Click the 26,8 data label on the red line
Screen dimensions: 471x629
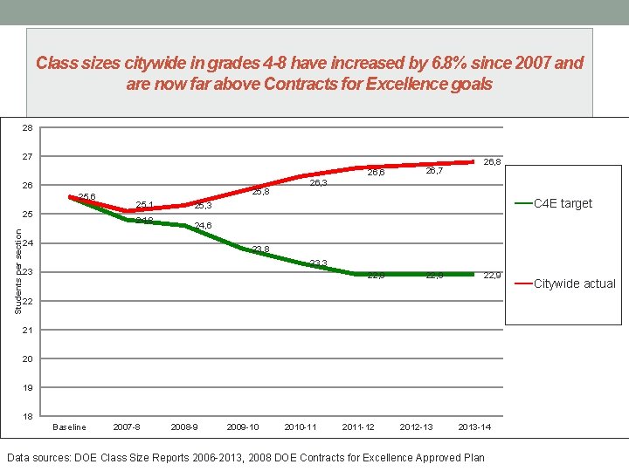pos(492,161)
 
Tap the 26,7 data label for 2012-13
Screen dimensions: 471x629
pos(434,172)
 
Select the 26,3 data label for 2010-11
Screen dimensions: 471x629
pos(318,183)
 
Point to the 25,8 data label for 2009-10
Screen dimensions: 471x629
pos(260,192)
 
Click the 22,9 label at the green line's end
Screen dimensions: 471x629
pos(492,276)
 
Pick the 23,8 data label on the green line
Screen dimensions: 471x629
pos(260,250)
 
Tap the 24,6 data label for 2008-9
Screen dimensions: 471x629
pos(203,226)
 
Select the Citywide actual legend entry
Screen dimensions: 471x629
pos(574,283)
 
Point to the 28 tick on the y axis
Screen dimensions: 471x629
pos(28,128)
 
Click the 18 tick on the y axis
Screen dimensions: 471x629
pos(28,416)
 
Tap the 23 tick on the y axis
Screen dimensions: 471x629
pos(28,272)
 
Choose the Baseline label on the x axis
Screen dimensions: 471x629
pos(69,427)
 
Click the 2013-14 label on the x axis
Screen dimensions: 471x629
pos(474,427)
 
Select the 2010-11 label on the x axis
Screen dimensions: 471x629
pos(301,427)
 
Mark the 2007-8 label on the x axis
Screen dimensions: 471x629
pos(127,427)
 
